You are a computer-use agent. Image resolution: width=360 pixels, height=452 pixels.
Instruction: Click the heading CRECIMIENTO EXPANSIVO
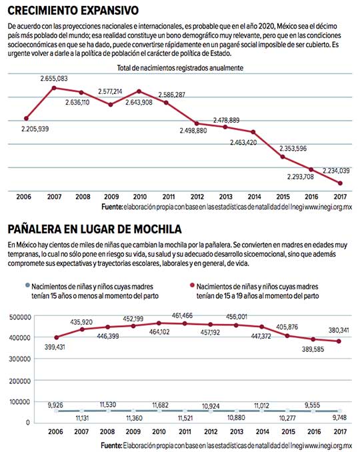pos(73,11)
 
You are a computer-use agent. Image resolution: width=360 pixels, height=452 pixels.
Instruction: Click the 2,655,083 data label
pos(54,79)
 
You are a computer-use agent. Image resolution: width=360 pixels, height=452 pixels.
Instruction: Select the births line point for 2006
pos(26,119)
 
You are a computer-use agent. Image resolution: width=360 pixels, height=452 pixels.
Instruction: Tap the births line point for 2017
pos(340,183)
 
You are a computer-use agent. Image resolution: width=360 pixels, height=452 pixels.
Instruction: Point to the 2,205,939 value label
pos(35,129)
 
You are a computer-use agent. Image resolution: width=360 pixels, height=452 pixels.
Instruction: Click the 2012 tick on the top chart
pos(197,197)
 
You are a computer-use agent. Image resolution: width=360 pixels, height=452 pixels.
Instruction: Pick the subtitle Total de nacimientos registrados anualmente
pos(180,68)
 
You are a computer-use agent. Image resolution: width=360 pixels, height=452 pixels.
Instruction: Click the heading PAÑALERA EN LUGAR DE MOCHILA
pos(95,229)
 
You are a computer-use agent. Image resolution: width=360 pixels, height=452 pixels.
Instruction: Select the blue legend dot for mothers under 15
pos(27,285)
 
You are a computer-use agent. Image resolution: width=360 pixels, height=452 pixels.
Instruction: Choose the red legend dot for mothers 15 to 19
pos(192,285)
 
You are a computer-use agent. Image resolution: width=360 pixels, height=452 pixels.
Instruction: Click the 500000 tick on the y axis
pos(20,317)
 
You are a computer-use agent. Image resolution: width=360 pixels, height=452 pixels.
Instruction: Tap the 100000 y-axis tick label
pos(20,402)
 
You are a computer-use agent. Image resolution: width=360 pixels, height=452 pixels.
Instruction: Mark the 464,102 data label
pos(159,332)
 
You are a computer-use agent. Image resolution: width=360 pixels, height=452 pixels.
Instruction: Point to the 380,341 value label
pos(339,330)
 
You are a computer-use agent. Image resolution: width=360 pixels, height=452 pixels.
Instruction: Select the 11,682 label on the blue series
pos(160,405)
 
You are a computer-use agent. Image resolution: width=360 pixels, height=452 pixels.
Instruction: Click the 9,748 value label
pos(339,417)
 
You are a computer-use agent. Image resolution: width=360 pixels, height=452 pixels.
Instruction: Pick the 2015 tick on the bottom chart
pos(288,431)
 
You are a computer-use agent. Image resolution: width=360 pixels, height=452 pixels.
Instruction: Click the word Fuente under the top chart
pos(112,207)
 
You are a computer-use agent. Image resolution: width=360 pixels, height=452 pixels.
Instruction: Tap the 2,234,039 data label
pos(336,171)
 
